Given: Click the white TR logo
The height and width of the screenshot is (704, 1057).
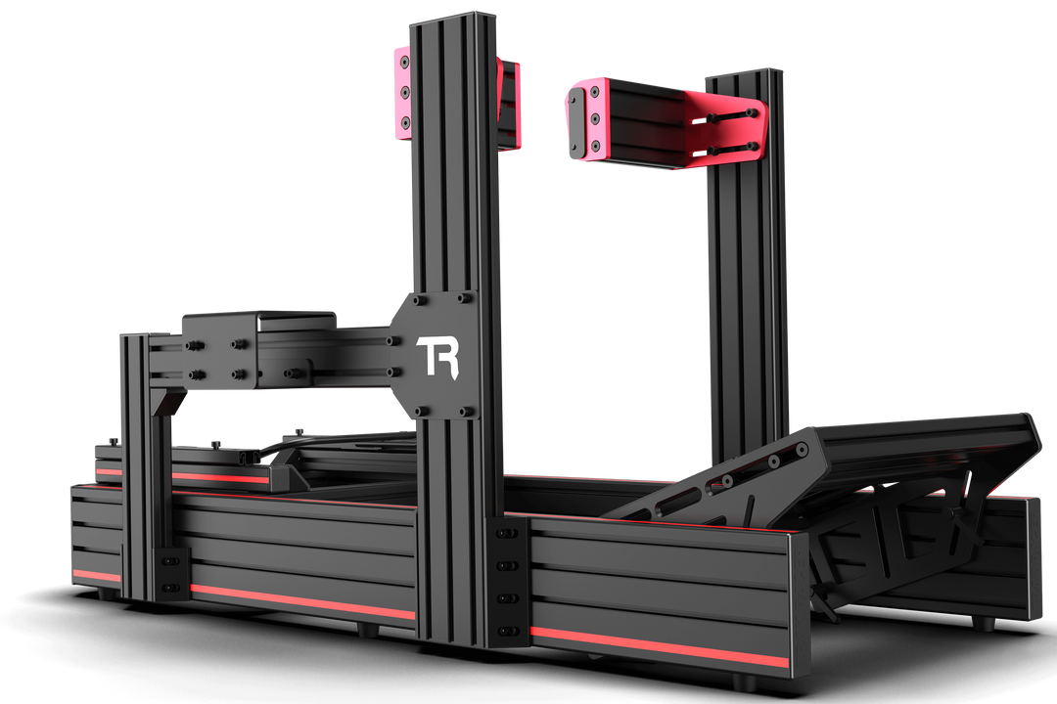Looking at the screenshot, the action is coord(437,357).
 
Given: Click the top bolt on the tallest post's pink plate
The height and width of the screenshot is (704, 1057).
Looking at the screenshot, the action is coord(404,62).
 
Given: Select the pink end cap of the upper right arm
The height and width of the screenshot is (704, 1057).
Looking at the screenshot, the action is coord(584,119).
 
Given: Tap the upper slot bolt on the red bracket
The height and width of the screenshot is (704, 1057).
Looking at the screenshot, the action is coord(728,115).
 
